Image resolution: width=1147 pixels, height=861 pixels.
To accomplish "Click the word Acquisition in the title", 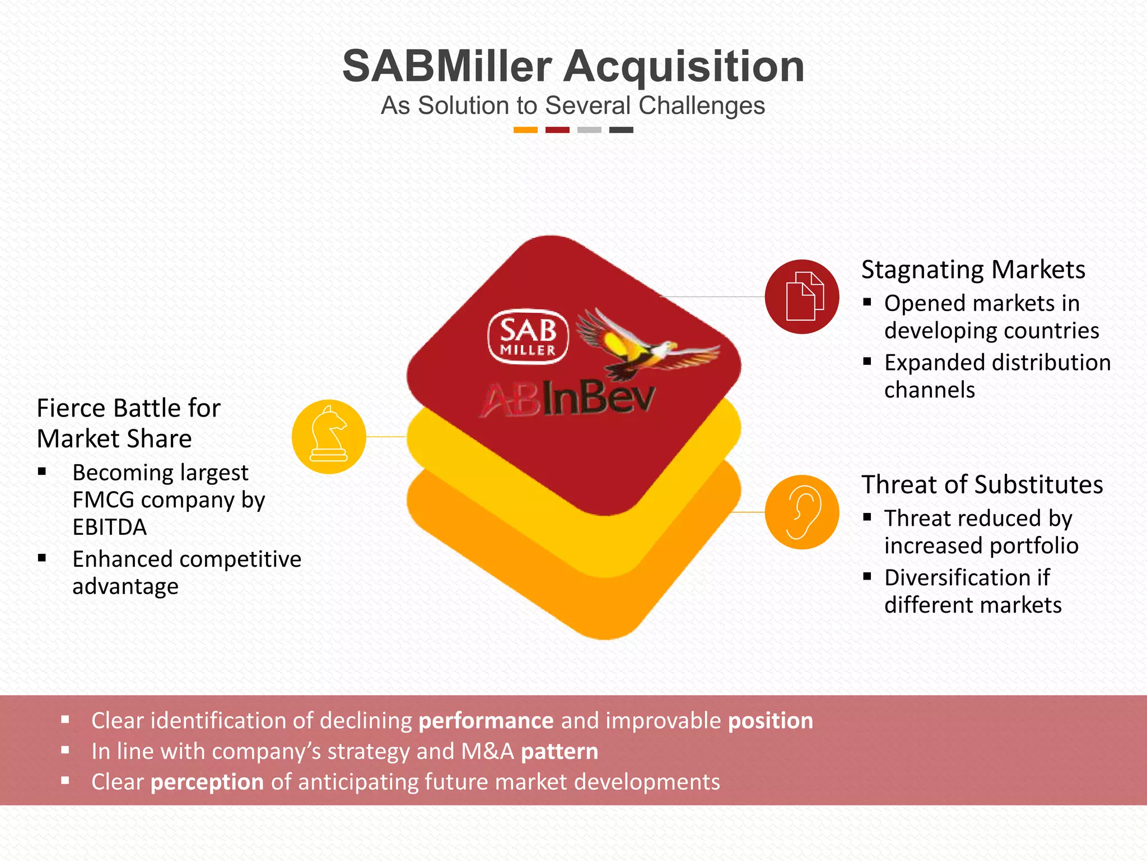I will coord(684,67).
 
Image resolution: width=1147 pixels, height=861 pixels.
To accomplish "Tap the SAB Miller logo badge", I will coord(528,337).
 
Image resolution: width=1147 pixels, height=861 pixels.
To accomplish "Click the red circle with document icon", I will coord(801,297).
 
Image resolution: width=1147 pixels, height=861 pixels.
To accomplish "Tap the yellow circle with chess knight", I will coord(329,437).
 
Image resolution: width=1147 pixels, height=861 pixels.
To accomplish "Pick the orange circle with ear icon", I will coord(801,512).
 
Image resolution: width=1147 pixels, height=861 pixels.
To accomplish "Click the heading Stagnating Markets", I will coord(973,270).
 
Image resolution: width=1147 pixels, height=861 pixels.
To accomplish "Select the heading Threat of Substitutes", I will coord(982,485).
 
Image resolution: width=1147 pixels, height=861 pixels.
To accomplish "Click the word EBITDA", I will coord(110,527).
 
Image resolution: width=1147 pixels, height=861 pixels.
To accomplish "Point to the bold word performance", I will coord(486,721).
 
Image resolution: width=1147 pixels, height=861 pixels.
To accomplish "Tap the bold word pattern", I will coord(559,752).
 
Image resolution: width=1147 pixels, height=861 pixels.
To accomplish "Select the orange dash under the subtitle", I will coord(525,130).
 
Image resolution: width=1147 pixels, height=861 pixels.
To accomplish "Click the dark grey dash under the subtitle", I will coord(621,130).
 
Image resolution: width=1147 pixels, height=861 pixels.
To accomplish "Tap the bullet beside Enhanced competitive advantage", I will coord(42,558).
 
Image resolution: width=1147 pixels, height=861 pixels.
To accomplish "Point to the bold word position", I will coord(770,721).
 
